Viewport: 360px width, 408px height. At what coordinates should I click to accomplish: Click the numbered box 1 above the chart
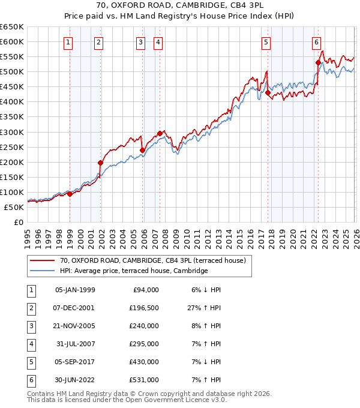point(68,42)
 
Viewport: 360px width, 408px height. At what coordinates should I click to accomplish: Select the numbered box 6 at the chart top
point(316,42)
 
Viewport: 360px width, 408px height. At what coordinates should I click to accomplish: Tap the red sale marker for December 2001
point(101,163)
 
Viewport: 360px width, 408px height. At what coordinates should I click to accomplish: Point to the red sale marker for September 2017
point(268,92)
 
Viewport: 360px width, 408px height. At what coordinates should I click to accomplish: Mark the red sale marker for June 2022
point(318,62)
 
